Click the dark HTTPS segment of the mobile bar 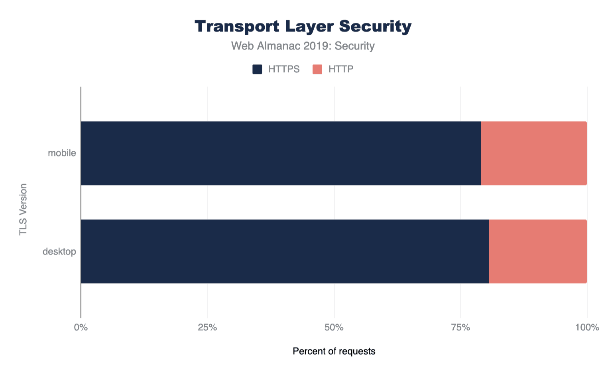click(x=281, y=153)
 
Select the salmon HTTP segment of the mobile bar click(x=533, y=153)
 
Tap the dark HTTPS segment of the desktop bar click(x=285, y=251)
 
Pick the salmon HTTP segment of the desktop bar click(x=537, y=251)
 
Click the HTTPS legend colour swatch click(x=257, y=69)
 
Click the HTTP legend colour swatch click(x=317, y=69)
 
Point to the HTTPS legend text click(x=284, y=69)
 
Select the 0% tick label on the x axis click(x=81, y=328)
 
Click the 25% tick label click(x=207, y=328)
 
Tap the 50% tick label click(x=334, y=328)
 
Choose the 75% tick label click(x=460, y=328)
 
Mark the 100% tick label click(x=587, y=328)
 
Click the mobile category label click(x=62, y=153)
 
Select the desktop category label click(x=59, y=252)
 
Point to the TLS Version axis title click(x=23, y=209)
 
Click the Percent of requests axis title click(x=334, y=351)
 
